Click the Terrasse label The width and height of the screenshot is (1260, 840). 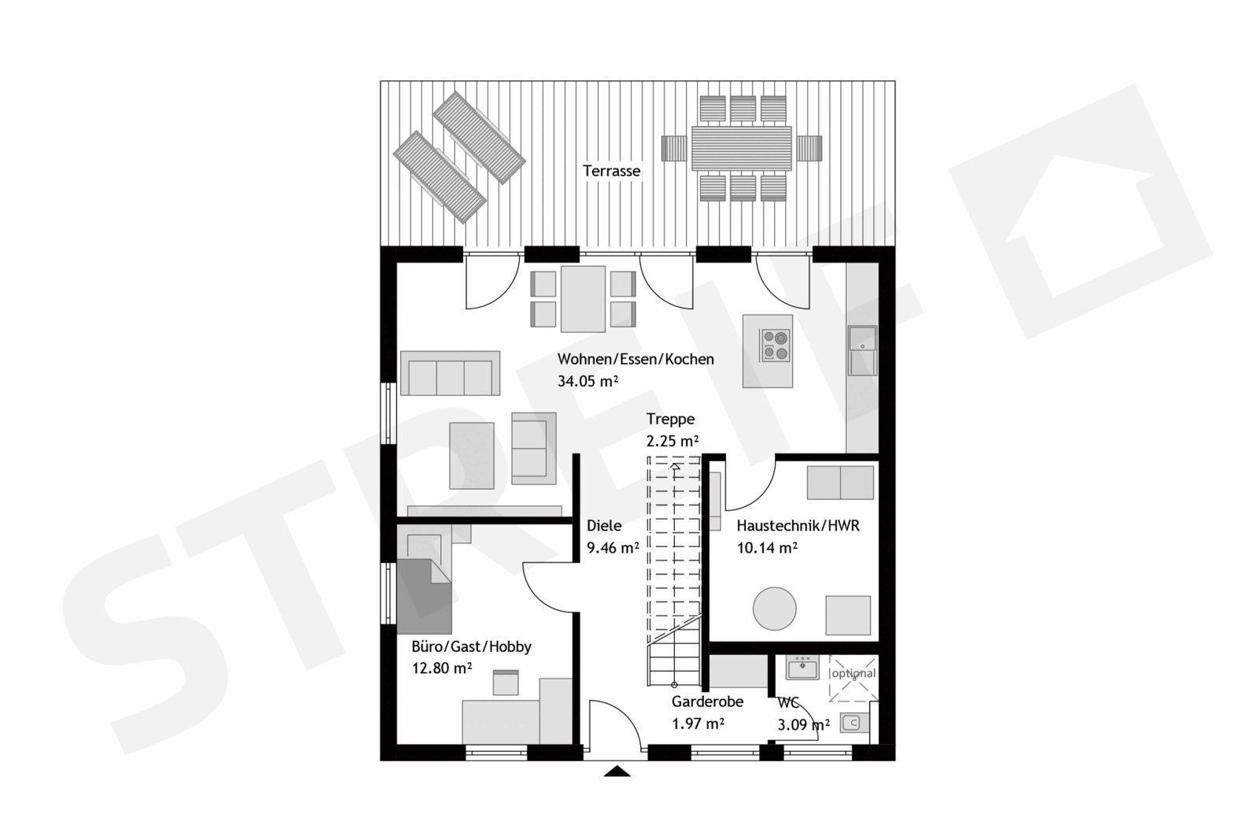tap(611, 171)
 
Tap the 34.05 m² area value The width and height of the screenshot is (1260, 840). tap(587, 381)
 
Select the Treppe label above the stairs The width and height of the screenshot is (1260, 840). tap(670, 420)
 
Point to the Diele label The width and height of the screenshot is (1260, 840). tap(604, 526)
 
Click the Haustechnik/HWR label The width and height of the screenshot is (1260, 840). tap(798, 526)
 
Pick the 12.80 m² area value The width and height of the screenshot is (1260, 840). tap(442, 668)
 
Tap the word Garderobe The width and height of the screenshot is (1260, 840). tap(707, 701)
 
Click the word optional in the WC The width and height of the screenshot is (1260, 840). tap(854, 673)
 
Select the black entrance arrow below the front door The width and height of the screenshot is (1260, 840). tap(617, 772)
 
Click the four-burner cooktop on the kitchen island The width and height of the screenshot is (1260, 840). tap(776, 346)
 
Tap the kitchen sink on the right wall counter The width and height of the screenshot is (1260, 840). tap(862, 350)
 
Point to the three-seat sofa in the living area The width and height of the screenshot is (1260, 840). tap(450, 373)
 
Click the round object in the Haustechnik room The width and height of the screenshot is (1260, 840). tap(775, 609)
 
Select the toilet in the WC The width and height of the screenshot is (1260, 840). tap(853, 723)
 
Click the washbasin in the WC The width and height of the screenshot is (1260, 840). tap(802, 668)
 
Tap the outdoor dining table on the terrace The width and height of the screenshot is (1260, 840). tap(741, 149)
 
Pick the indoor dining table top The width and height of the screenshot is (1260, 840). tap(583, 299)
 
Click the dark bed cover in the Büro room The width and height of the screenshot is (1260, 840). tap(424, 597)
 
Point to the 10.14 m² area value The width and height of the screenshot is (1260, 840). tap(767, 548)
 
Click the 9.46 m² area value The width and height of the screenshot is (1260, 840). tap(613, 548)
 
